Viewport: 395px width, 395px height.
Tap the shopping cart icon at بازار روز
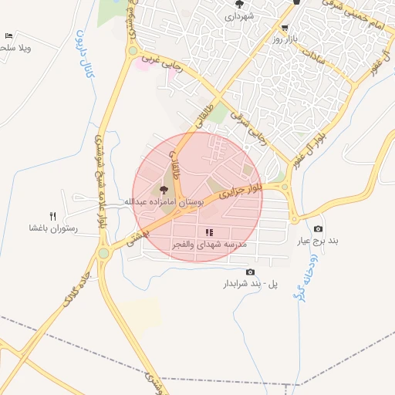tap(285, 27)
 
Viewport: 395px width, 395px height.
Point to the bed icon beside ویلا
tap(8, 36)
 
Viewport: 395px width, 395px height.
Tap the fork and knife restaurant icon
tap(53, 216)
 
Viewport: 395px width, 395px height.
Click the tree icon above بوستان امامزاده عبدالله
tap(163, 190)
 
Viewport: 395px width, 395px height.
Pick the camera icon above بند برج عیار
tap(319, 228)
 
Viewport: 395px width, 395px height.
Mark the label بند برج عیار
tap(319, 240)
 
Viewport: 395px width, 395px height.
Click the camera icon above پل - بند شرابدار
tap(249, 272)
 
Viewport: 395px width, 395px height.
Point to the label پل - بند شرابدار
tap(249, 284)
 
